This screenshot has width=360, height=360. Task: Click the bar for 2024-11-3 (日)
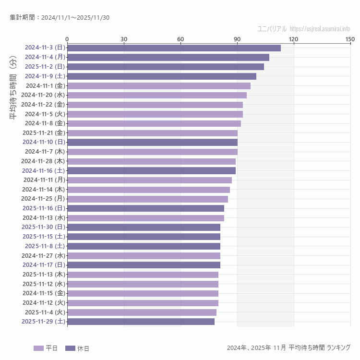[174, 48]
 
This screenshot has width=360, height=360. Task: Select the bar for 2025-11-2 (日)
[166, 67]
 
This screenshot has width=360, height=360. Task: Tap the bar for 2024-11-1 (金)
[159, 85]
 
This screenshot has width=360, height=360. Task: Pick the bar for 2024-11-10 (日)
[152, 142]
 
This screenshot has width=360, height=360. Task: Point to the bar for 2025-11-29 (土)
[141, 322]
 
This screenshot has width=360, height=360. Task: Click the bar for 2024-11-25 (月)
[147, 199]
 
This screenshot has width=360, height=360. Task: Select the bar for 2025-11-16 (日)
[145, 208]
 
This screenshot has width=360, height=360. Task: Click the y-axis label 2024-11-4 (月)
[45, 57]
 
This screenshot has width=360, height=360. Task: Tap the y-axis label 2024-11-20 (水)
[43, 95]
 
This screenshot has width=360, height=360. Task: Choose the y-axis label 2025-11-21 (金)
[43, 132]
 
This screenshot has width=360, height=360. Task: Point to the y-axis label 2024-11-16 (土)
[43, 170]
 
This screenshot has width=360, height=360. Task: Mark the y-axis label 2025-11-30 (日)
[43, 227]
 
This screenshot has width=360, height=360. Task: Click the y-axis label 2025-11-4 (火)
[44, 312]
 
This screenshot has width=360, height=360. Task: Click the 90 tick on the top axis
[237, 39]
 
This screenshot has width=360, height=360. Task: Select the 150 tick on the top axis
[350, 39]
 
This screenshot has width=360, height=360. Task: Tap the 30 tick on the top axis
[124, 39]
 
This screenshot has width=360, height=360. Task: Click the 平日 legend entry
[46, 348]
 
